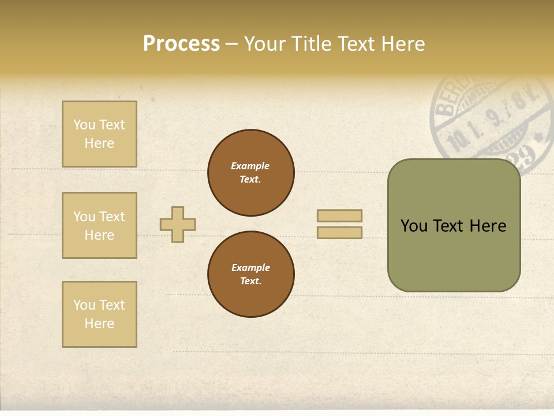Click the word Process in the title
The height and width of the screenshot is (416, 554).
[181, 44]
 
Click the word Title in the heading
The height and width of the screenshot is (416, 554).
[312, 44]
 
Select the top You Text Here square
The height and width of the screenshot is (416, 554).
[99, 134]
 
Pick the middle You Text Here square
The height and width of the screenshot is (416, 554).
[99, 225]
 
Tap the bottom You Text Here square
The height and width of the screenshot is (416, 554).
[99, 314]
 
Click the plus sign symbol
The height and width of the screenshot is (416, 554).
[178, 224]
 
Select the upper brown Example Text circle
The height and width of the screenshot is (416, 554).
[250, 173]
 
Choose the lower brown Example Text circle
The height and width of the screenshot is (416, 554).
[250, 274]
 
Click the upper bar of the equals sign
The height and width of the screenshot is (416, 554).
[339, 216]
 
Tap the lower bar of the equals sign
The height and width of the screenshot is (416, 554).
[339, 232]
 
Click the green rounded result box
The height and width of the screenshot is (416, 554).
[454, 225]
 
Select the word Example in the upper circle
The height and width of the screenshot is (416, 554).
[250, 166]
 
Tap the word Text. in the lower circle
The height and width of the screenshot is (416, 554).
[250, 281]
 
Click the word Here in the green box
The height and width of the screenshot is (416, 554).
[488, 226]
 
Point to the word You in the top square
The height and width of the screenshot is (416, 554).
[84, 125]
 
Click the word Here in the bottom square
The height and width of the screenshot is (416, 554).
[99, 324]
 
